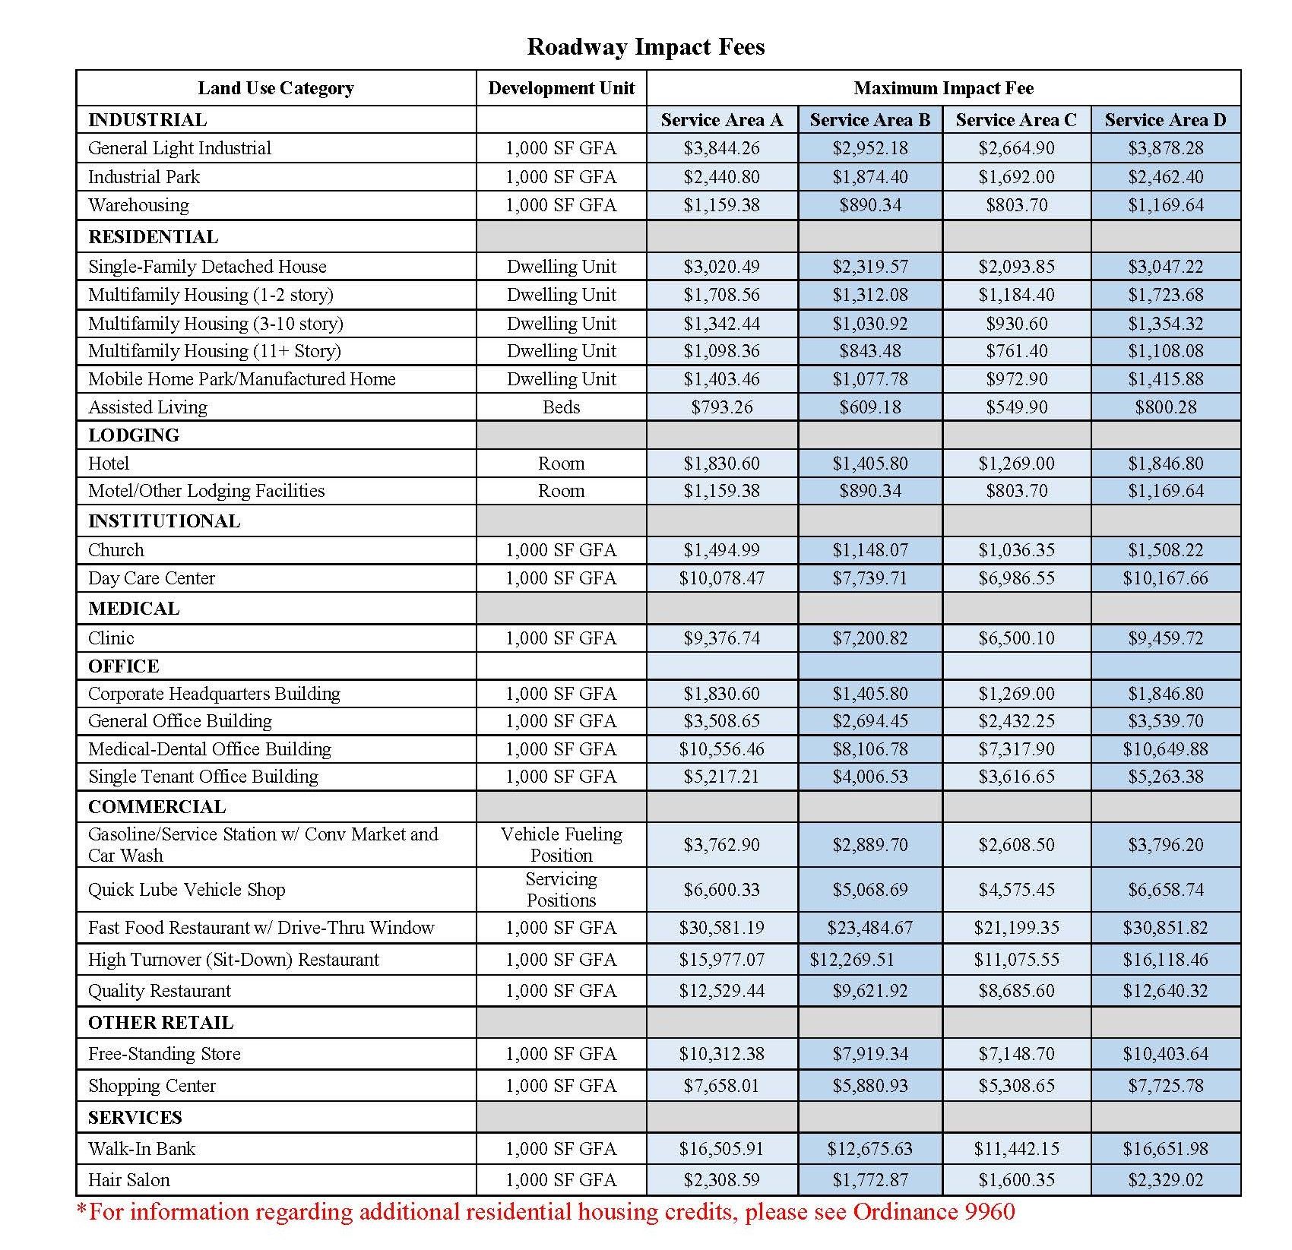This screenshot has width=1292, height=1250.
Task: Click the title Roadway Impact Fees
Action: pyautogui.click(x=645, y=47)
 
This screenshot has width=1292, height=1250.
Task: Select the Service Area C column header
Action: pyautogui.click(x=1016, y=120)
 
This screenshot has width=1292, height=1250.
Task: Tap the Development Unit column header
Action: pyautogui.click(x=561, y=88)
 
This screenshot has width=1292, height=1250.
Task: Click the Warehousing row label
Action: pyautogui.click(x=138, y=205)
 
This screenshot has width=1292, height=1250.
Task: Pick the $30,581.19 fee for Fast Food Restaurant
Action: pyautogui.click(x=721, y=928)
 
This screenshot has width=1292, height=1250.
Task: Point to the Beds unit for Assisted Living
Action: pyautogui.click(x=561, y=407)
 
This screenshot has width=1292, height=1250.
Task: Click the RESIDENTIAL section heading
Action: pyautogui.click(x=153, y=237)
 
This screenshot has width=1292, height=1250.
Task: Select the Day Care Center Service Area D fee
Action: pyautogui.click(x=1165, y=578)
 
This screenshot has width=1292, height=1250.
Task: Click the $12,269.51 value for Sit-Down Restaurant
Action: pyautogui.click(x=851, y=960)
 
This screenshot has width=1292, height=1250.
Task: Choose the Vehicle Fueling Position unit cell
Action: pyautogui.click(x=561, y=844)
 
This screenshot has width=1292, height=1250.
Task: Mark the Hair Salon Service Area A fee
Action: pyautogui.click(x=721, y=1180)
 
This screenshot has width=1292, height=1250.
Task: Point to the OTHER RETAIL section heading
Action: pyautogui.click(x=160, y=1023)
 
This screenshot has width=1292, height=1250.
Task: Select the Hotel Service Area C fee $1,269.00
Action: pyautogui.click(x=1016, y=464)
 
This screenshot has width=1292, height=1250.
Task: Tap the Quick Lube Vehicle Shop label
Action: pyautogui.click(x=186, y=890)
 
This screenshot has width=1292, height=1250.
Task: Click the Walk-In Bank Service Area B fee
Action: pyautogui.click(x=869, y=1149)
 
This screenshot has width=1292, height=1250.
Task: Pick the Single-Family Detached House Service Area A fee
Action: pyautogui.click(x=721, y=267)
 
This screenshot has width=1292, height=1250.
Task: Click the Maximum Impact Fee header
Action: pyautogui.click(x=943, y=88)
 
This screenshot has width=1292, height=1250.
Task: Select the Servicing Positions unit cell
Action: pyautogui.click(x=561, y=890)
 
